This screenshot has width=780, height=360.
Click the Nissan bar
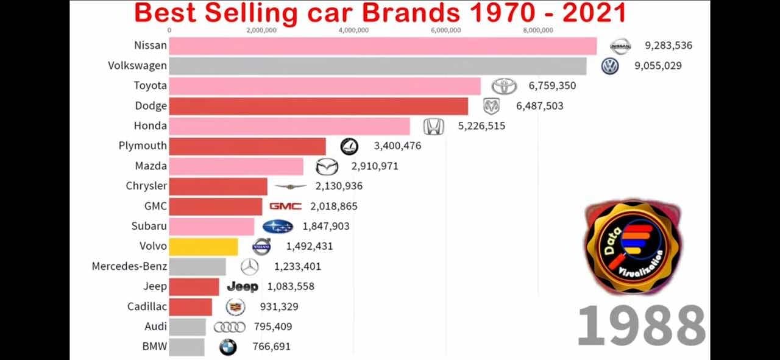pyautogui.click(x=383, y=46)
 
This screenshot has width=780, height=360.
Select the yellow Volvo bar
pyautogui.click(x=204, y=246)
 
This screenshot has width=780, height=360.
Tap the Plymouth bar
pyautogui.click(x=247, y=146)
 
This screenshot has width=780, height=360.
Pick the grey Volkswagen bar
pyautogui.click(x=378, y=66)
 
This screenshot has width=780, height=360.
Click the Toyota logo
pyautogui.click(x=504, y=86)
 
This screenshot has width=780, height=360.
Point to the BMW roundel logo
pyautogui.click(x=228, y=347)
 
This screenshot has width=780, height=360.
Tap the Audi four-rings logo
pyautogui.click(x=229, y=327)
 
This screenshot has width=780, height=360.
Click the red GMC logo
pyautogui.click(x=285, y=206)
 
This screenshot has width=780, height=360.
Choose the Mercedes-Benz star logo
pyautogui.click(x=249, y=267)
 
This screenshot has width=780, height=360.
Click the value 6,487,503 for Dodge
pyautogui.click(x=539, y=106)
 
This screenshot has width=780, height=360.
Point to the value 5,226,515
pyautogui.click(x=481, y=126)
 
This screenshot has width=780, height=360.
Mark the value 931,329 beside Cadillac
pyautogui.click(x=279, y=306)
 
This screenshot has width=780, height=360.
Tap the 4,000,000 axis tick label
pyautogui.click(x=353, y=30)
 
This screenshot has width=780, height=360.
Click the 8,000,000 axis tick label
pyautogui.click(x=538, y=30)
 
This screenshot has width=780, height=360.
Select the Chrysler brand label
pyautogui.click(x=146, y=186)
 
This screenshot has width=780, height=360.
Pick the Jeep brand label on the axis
pyautogui.click(x=155, y=286)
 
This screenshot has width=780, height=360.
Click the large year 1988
pyautogui.click(x=641, y=326)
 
